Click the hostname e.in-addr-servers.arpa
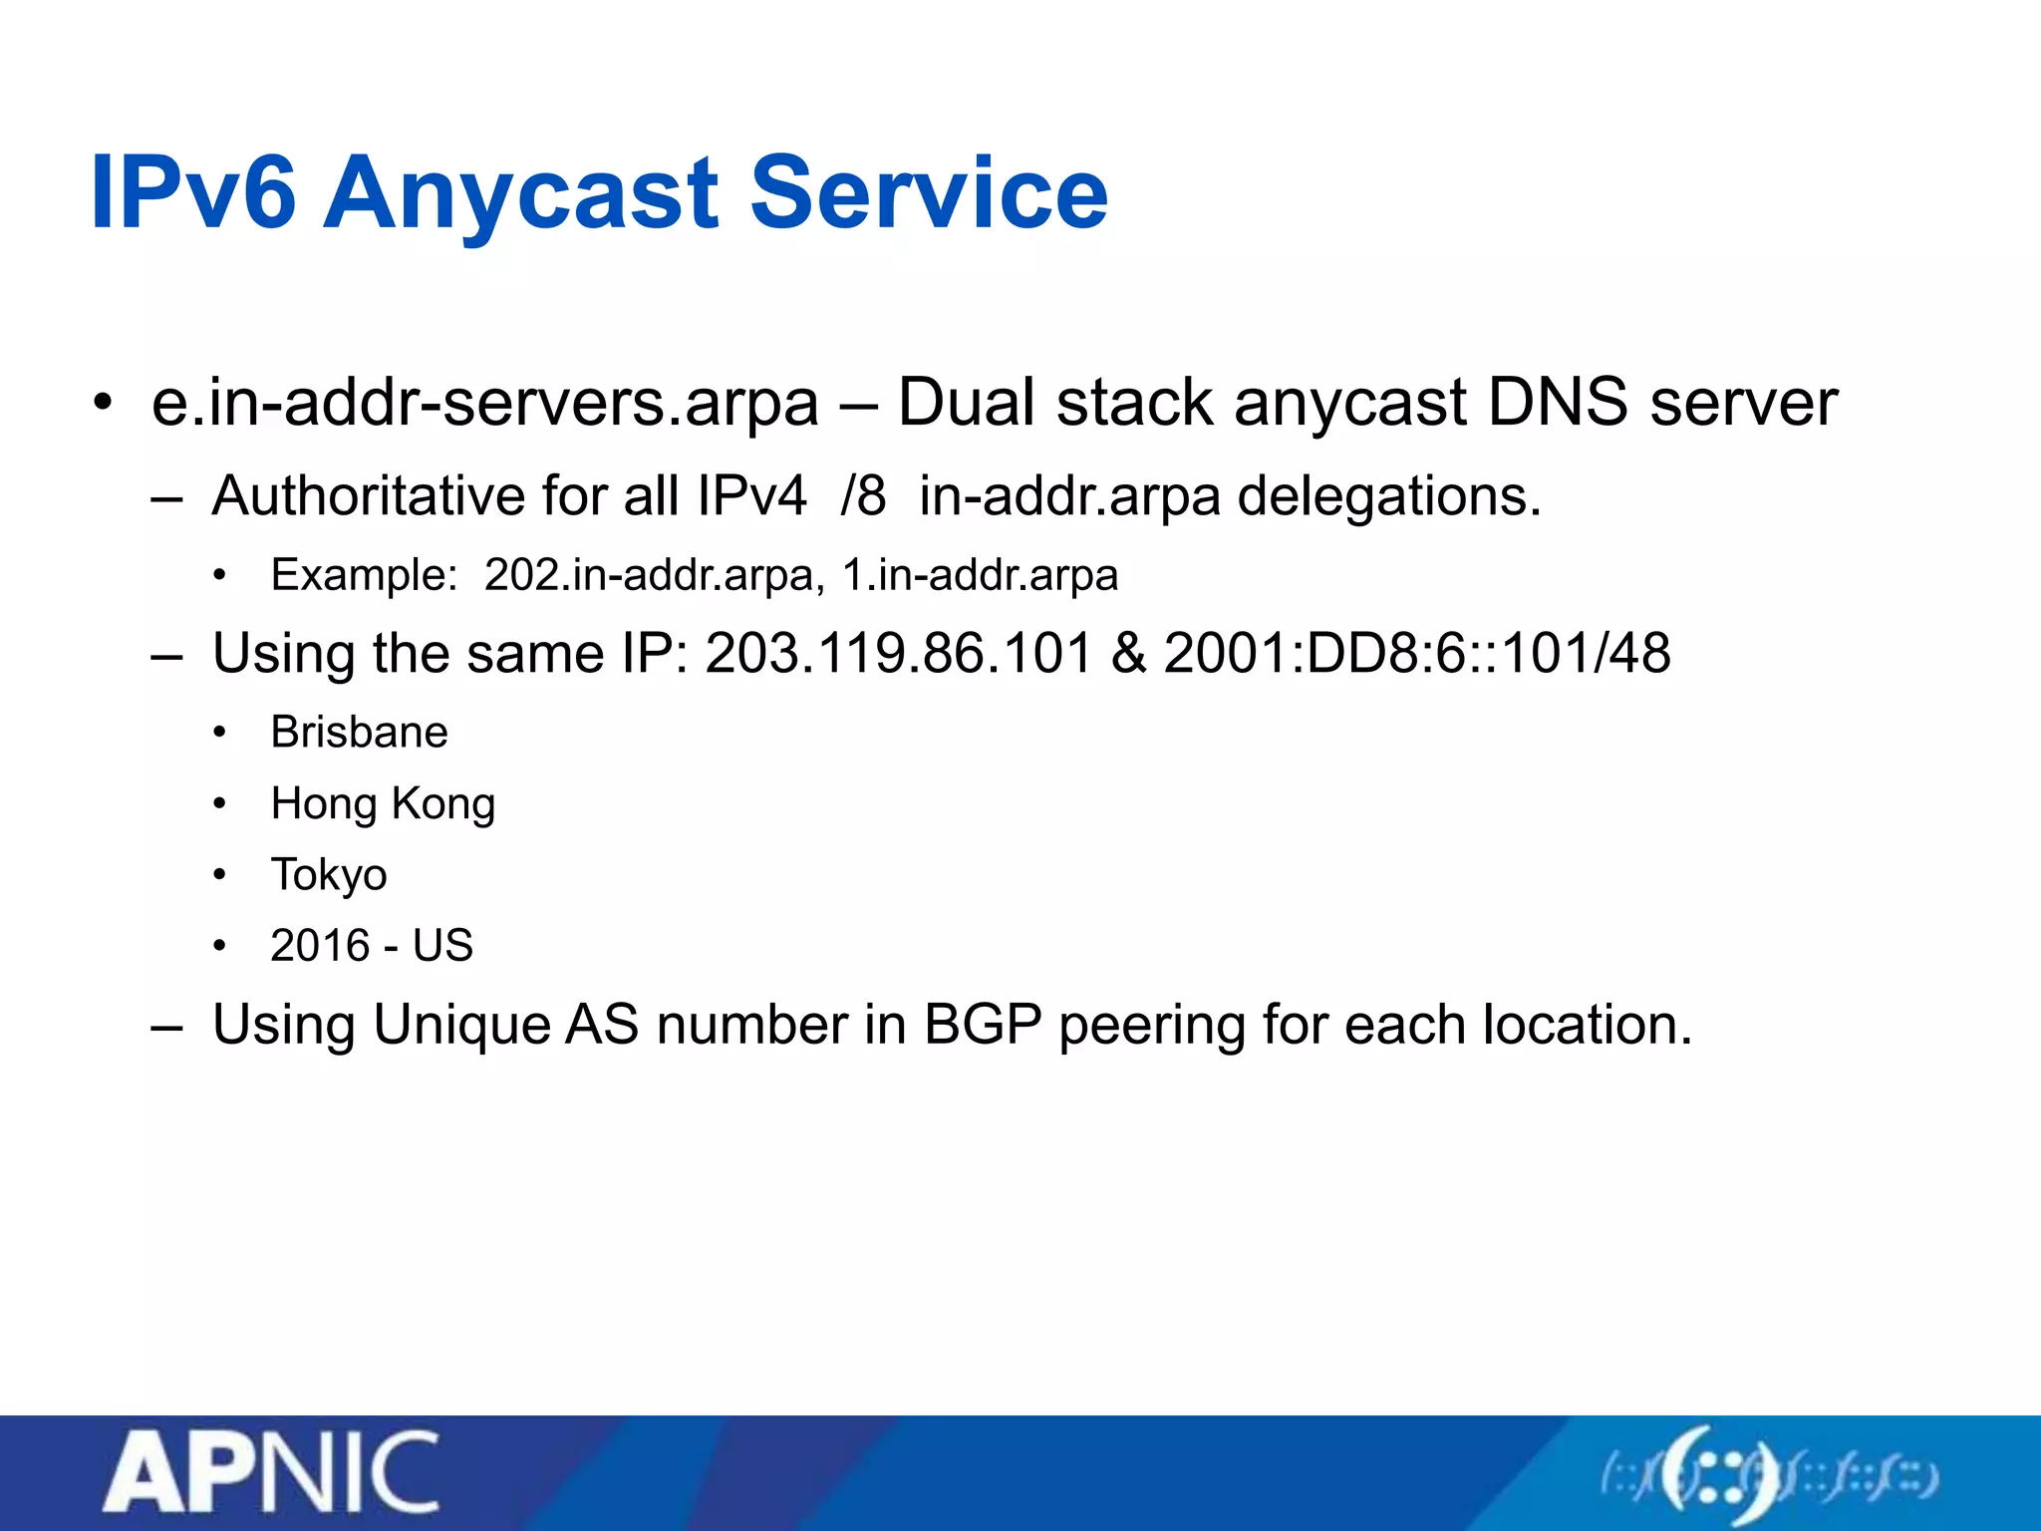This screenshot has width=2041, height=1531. [x=485, y=404]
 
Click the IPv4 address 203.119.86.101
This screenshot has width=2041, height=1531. [x=899, y=654]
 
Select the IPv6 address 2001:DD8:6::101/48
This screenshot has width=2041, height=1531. [x=1416, y=654]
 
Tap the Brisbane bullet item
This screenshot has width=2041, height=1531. [x=359, y=733]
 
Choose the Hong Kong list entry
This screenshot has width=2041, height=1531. [x=383, y=804]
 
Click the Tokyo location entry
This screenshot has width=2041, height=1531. [x=329, y=875]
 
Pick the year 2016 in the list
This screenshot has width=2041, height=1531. [x=320, y=946]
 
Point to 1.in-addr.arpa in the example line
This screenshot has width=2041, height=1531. [x=980, y=575]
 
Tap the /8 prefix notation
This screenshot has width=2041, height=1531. [x=862, y=495]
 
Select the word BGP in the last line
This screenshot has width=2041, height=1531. [x=983, y=1025]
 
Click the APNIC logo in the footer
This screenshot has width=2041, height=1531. [x=271, y=1473]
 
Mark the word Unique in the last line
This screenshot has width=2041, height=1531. [x=461, y=1025]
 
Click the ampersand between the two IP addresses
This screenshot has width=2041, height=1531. [x=1128, y=654]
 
